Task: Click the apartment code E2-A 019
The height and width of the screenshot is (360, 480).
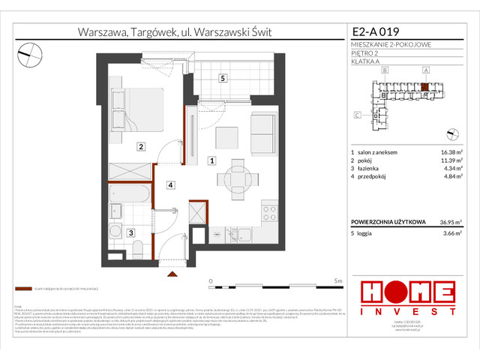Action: [x=376, y=32]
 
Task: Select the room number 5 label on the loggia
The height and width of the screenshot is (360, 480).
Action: [x=223, y=78]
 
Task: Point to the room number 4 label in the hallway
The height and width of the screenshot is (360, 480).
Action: [x=171, y=184]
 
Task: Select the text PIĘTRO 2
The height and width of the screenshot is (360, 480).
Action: [x=365, y=52]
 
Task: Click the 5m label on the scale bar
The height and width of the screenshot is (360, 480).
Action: [x=338, y=280]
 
